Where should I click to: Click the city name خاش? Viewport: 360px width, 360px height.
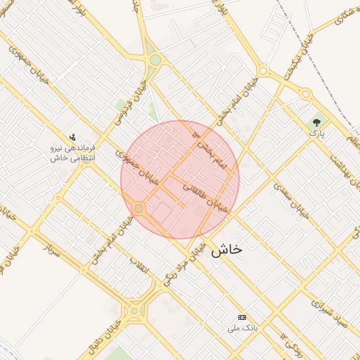226,249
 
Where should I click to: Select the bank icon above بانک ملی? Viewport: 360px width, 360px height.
243,318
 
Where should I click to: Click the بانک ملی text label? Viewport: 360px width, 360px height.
243,328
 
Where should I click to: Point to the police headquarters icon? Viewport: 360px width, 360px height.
72,137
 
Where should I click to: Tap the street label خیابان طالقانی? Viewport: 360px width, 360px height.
205,197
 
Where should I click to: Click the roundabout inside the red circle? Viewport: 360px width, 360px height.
139,208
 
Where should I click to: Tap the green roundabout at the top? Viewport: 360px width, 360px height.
154,60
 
